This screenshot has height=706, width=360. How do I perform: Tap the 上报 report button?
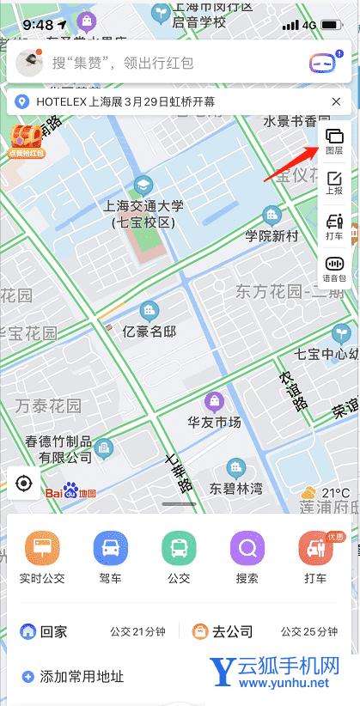pyautogui.click(x=335, y=182)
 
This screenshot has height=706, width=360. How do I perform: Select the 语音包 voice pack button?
pyautogui.click(x=335, y=269)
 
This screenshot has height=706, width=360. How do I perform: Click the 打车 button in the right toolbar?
pyautogui.click(x=335, y=226)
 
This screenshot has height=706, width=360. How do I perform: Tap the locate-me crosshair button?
pyautogui.click(x=24, y=484)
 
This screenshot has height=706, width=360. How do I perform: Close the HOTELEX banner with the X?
pyautogui.click(x=337, y=101)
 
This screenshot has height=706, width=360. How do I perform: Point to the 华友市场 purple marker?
pyautogui.click(x=214, y=400)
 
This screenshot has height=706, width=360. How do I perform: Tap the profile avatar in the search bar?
pyautogui.click(x=31, y=62)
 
